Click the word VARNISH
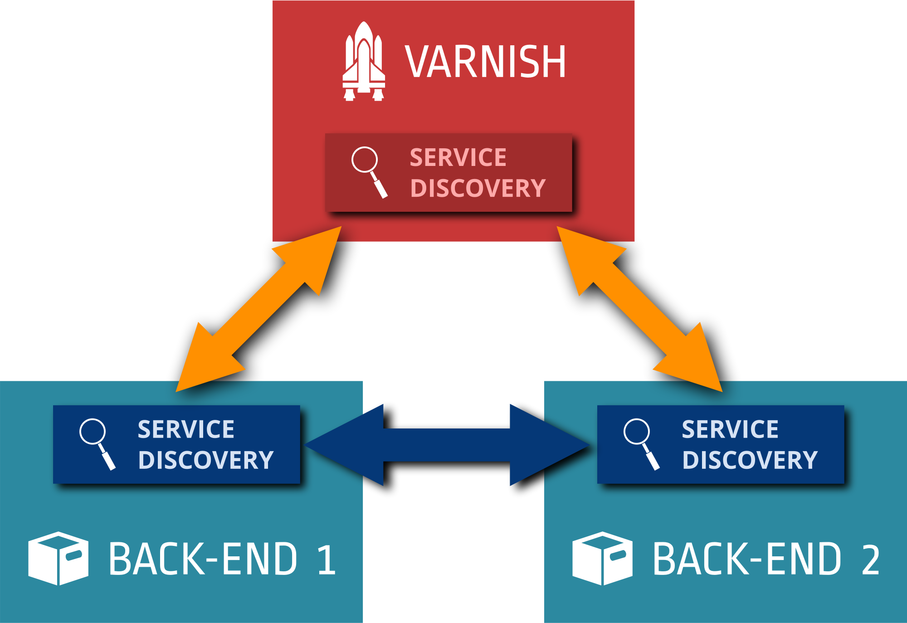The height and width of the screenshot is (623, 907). [485, 62]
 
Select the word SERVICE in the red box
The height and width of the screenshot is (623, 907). [458, 158]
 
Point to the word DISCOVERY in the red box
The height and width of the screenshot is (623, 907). [478, 188]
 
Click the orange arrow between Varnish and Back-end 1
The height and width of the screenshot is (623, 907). [258, 309]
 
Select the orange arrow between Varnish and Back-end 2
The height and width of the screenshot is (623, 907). [639, 309]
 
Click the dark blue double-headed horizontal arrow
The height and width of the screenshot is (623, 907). [447, 445]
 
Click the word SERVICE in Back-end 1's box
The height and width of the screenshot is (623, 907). [186, 429]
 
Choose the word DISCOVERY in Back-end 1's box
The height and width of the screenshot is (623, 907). [206, 460]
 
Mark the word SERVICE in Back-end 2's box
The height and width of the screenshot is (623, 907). [730, 429]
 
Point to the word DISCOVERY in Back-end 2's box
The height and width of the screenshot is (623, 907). [750, 460]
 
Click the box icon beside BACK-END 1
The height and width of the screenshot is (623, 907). [58, 558]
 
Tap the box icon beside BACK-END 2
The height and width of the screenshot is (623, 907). [602, 558]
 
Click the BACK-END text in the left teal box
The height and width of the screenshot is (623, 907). [203, 559]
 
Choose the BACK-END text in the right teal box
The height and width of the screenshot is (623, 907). [747, 559]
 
